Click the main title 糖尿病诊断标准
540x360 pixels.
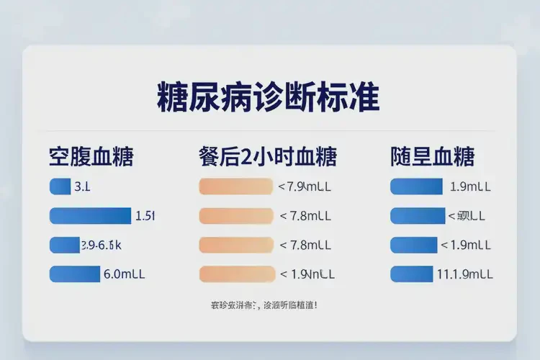tap(268, 96)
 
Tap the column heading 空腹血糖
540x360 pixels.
tap(91, 156)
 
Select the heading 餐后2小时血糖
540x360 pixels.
tap(267, 156)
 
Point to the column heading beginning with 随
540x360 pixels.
tap(433, 156)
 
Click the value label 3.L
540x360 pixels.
tap(82, 187)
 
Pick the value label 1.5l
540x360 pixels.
tap(145, 215)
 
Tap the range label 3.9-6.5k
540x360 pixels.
tap(101, 245)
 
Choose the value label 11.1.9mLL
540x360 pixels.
tap(465, 274)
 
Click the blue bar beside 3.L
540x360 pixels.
tap(59, 186)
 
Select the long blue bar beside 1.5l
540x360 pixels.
tap(90, 215)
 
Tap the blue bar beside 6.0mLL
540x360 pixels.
tap(74, 274)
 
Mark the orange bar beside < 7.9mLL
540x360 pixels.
tap(235, 186)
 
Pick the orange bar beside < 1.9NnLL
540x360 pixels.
tap(237, 274)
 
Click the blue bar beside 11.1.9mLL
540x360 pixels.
tap(410, 274)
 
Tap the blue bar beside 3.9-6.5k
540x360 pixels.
tap(64, 245)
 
